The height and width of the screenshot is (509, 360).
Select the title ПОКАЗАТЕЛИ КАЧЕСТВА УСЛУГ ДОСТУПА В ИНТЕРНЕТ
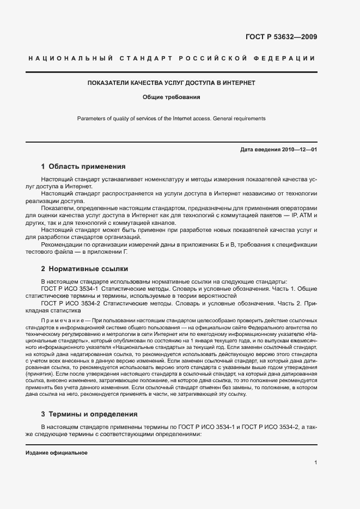[x=172, y=83]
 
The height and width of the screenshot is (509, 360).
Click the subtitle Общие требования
[x=172, y=98]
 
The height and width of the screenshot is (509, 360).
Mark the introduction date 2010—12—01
[x=298, y=149]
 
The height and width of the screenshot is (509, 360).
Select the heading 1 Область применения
[x=83, y=167]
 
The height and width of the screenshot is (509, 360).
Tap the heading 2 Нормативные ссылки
[x=84, y=268]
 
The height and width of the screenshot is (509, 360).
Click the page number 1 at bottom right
[x=315, y=463]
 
